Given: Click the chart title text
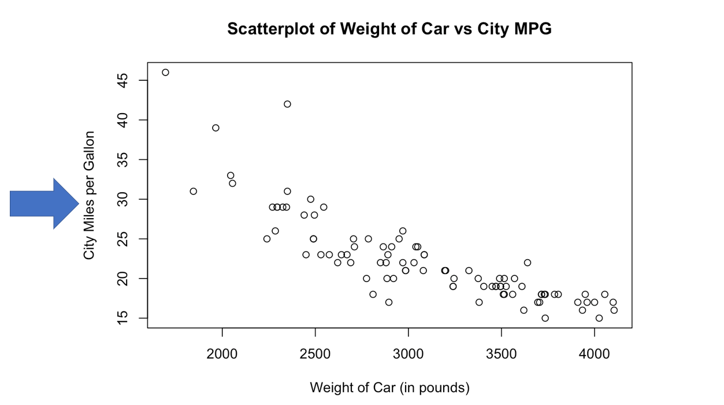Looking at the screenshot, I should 389,29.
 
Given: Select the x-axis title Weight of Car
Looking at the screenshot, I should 389,387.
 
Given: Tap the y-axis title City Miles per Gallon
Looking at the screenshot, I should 89,195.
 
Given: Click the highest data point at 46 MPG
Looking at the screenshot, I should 165,72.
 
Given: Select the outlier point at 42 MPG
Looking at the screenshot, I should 287,104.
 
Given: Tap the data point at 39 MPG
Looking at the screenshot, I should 216,127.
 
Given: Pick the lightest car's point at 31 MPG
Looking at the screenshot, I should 194,191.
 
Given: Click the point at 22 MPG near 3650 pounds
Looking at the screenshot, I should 527,262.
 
